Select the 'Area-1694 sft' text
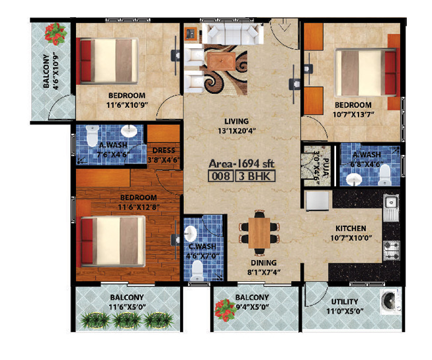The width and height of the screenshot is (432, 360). coord(240,163)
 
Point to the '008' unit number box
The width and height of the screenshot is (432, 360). coord(220,177)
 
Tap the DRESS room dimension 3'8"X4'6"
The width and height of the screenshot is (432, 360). coord(163,159)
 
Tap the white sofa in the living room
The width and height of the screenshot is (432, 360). coord(228,33)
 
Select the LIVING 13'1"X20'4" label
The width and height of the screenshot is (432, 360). coord(236,126)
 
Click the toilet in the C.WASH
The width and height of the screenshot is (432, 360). coord(196,267)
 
